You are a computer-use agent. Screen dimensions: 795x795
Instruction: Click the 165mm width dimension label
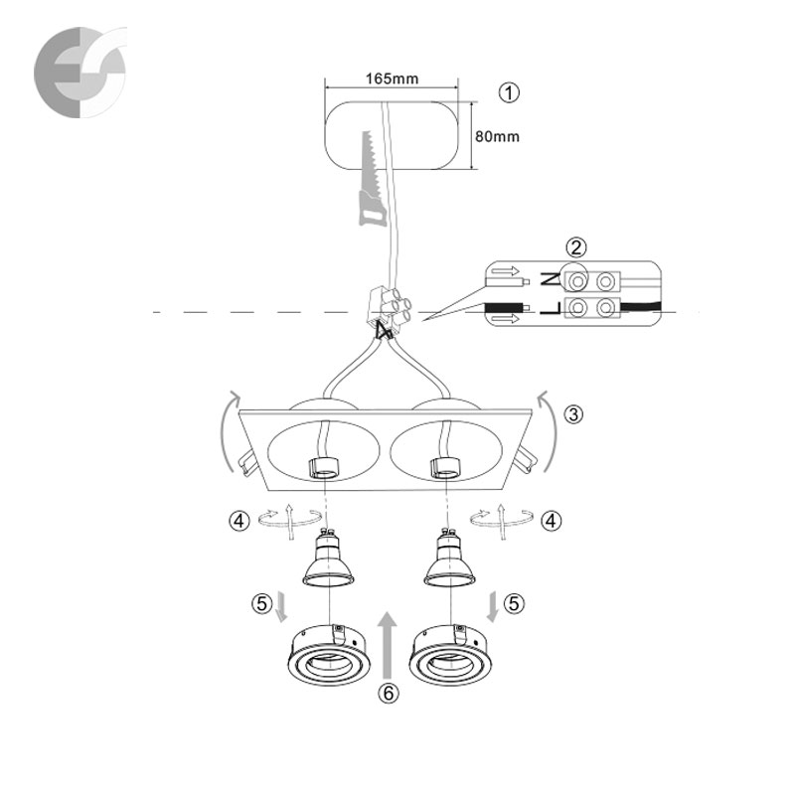point(392,79)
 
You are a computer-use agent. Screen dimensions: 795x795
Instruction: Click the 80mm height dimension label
point(497,136)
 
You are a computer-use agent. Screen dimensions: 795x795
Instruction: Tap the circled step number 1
point(509,92)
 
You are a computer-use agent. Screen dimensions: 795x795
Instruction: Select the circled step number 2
point(576,247)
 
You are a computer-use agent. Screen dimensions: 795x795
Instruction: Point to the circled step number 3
point(573,414)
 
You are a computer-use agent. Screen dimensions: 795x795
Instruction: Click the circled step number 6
point(389,693)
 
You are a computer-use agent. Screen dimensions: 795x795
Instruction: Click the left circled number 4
point(239,521)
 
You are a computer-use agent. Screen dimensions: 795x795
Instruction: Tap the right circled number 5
point(514,603)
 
